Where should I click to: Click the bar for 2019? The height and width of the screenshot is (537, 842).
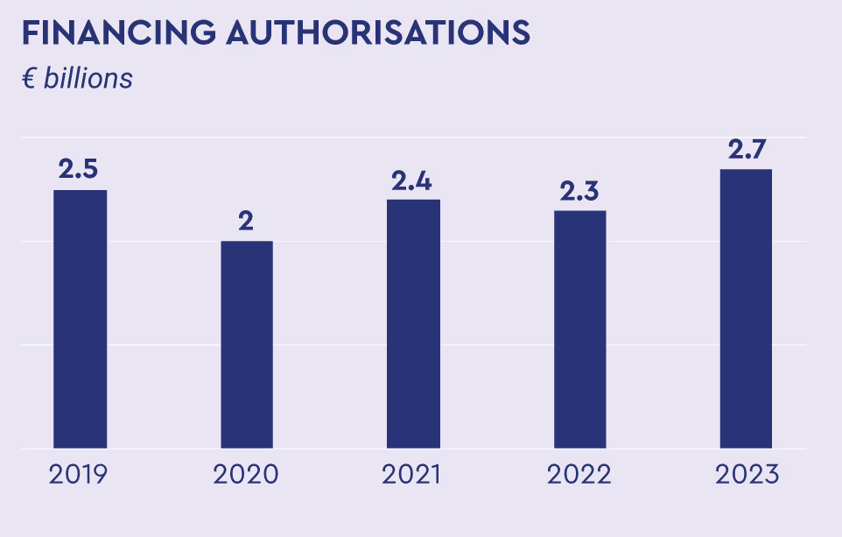click(80, 319)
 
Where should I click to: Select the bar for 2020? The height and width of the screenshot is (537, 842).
click(246, 344)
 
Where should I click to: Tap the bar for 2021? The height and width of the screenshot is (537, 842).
click(413, 324)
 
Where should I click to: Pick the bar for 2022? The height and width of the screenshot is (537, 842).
click(579, 329)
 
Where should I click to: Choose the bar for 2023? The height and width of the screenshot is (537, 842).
click(746, 308)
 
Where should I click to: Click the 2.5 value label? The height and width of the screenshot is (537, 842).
click(78, 169)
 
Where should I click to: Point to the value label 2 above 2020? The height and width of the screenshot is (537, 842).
click(246, 221)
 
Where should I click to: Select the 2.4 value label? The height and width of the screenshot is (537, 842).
click(413, 180)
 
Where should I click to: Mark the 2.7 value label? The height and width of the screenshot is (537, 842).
click(746, 149)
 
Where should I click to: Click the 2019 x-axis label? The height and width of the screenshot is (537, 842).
click(79, 475)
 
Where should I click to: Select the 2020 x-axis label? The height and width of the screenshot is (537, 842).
click(246, 475)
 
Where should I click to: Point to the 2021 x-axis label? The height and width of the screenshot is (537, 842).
click(411, 475)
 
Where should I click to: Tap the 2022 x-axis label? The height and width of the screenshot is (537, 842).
click(579, 475)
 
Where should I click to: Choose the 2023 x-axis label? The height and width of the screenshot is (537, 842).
click(747, 475)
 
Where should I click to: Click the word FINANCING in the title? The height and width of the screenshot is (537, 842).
click(119, 32)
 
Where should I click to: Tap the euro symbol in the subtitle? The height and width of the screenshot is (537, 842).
click(29, 79)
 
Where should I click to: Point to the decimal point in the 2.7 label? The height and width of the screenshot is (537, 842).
click(746, 158)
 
